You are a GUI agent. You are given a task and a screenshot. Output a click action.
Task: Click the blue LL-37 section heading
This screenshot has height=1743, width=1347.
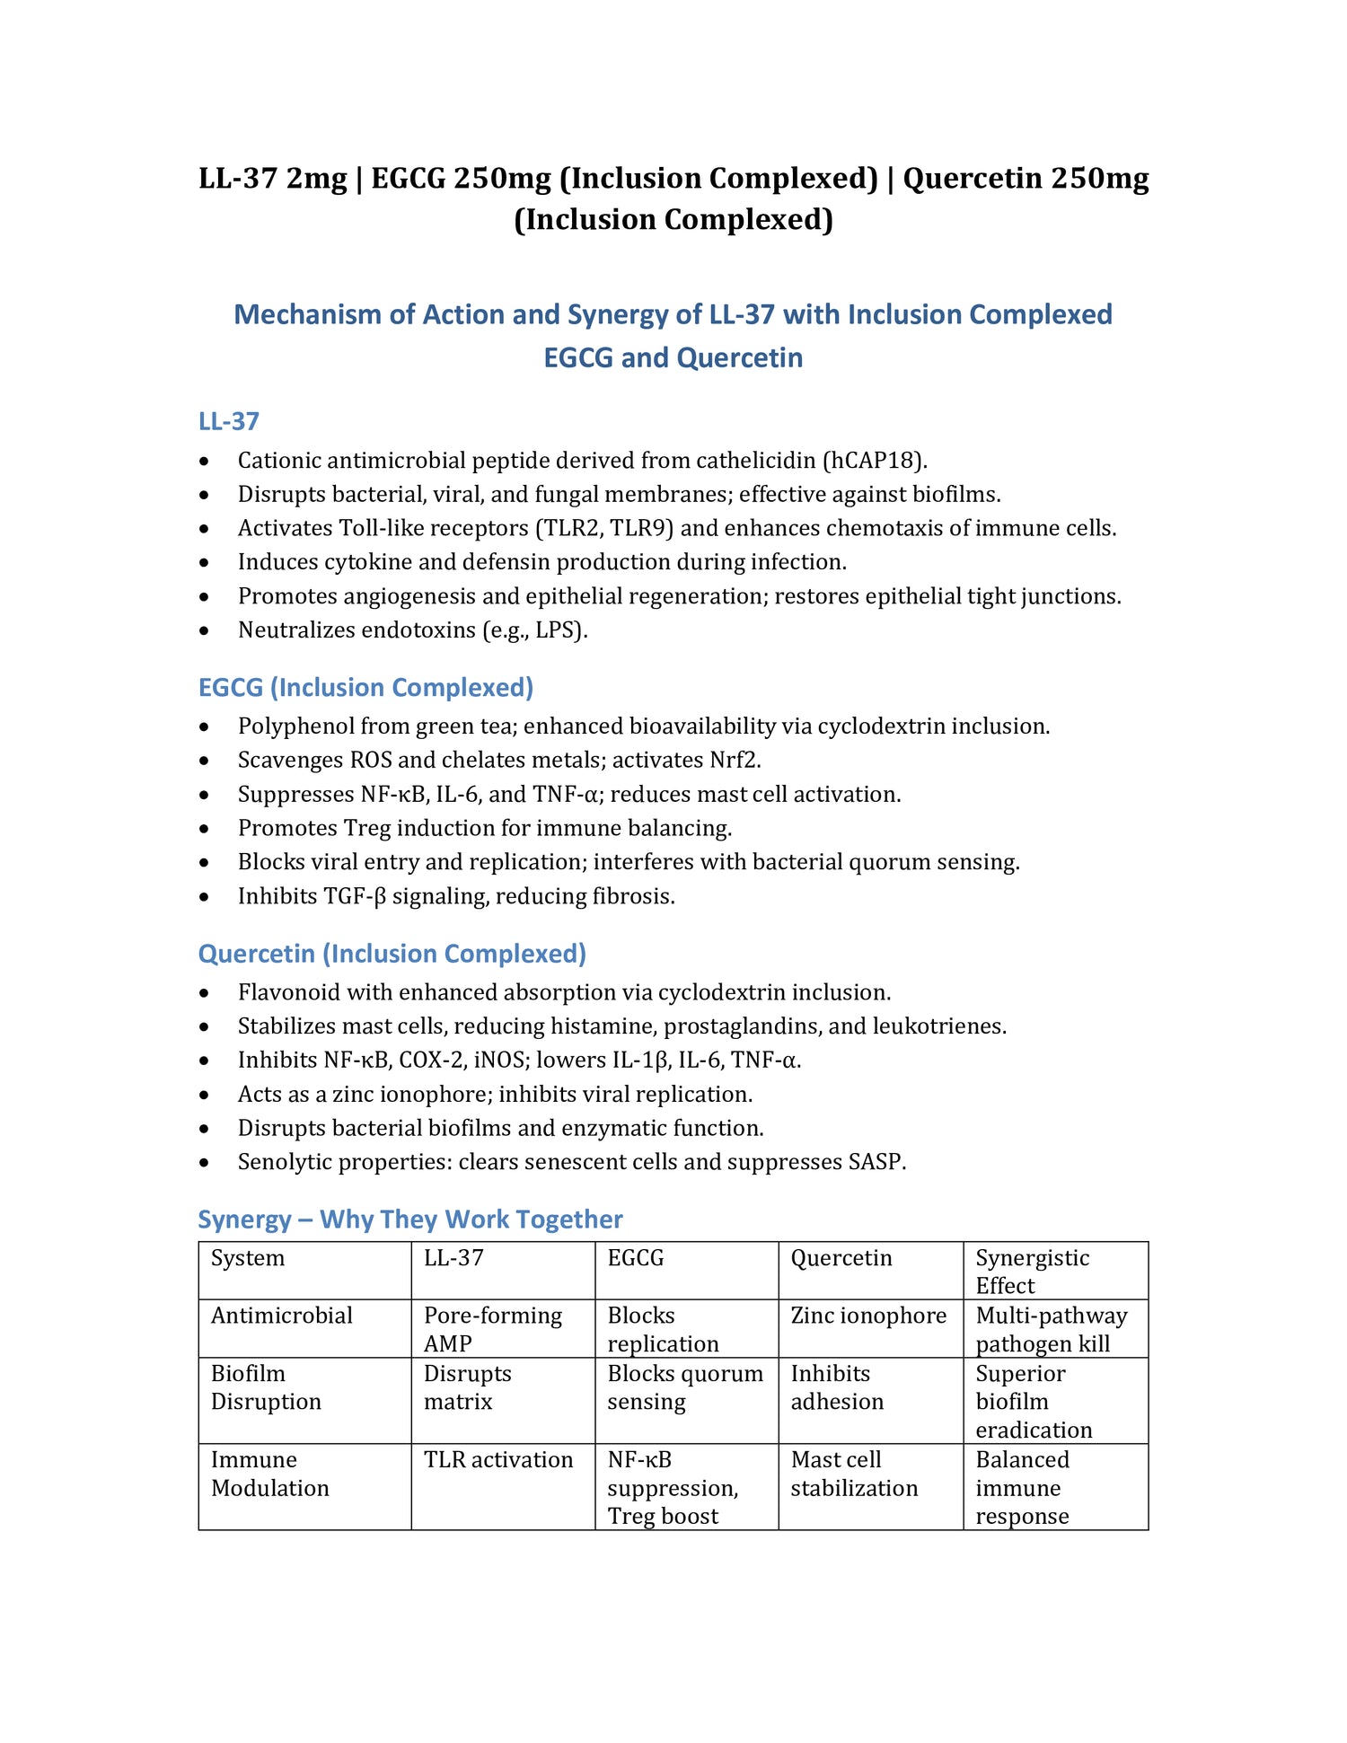[x=229, y=421]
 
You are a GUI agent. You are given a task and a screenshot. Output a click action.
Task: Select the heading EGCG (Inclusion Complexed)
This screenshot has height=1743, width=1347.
[x=365, y=687]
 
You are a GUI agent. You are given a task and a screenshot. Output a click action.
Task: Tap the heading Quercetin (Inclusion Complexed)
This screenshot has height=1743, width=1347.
[x=392, y=953]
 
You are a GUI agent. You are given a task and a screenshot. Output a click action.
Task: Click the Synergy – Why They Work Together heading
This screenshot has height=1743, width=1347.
[x=409, y=1219]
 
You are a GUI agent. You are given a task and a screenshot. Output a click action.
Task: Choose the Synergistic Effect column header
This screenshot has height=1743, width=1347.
[x=1032, y=1271]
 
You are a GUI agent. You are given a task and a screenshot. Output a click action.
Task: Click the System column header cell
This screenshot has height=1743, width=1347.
[x=248, y=1258]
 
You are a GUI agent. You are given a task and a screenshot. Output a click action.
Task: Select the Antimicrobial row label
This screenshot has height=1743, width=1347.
[x=281, y=1316]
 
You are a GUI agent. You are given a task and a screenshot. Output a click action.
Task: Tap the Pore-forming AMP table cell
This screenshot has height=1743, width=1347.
[x=492, y=1329]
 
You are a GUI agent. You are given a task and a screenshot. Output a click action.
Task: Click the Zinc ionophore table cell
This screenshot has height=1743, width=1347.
[x=867, y=1316]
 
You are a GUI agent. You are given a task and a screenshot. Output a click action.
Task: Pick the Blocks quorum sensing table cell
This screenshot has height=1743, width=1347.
[x=684, y=1387]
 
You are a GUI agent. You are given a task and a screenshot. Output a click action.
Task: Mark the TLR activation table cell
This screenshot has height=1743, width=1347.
[x=498, y=1460]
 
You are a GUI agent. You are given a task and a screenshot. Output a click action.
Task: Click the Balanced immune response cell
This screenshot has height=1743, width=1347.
[x=1022, y=1488]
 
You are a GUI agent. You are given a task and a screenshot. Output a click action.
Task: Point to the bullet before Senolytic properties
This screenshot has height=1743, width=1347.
[x=206, y=1163]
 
